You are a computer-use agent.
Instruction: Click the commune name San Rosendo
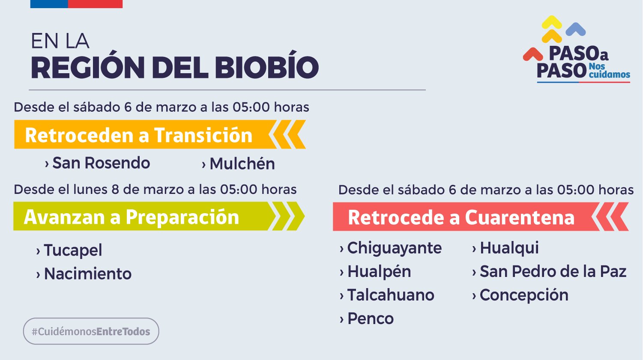coord(101,163)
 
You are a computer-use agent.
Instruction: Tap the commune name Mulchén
coord(242,164)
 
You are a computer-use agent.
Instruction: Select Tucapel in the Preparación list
coord(73,250)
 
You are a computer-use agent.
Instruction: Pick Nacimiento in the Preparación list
coord(88,274)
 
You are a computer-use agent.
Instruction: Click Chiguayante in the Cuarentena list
coord(395,248)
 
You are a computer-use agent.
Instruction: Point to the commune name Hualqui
coord(509,248)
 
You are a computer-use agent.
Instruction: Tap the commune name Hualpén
coord(379,272)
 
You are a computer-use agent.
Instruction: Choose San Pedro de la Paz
coord(553,271)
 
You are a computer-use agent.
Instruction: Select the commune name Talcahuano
coord(391,295)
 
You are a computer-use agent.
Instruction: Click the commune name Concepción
coord(524,295)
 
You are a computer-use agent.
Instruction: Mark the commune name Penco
coord(371,319)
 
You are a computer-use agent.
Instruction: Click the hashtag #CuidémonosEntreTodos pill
coord(91,331)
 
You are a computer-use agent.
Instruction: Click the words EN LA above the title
coord(60,41)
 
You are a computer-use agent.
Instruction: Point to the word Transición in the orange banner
coord(203,135)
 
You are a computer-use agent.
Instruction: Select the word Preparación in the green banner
coord(182,217)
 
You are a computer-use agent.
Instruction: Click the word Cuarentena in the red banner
coord(520,217)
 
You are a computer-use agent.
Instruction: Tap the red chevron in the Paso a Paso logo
coord(533,54)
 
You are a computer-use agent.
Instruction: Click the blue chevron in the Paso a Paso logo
coord(576,29)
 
